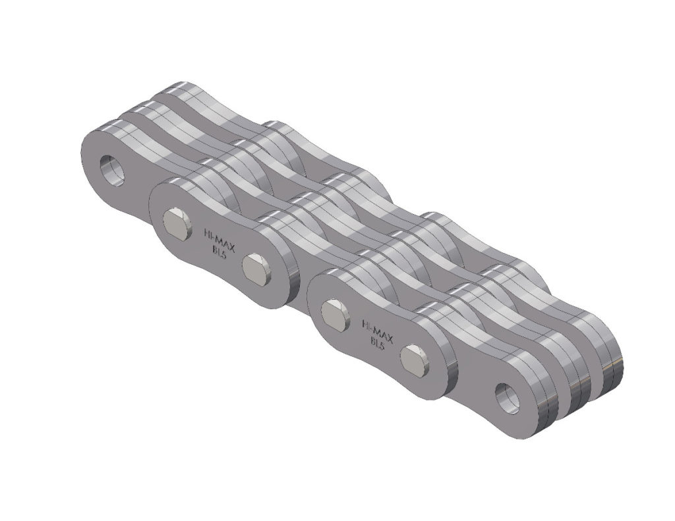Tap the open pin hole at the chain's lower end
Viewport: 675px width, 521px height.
(x=508, y=397)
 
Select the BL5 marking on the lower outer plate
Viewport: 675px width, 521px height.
(x=377, y=342)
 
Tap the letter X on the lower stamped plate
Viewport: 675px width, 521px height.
(x=390, y=339)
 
